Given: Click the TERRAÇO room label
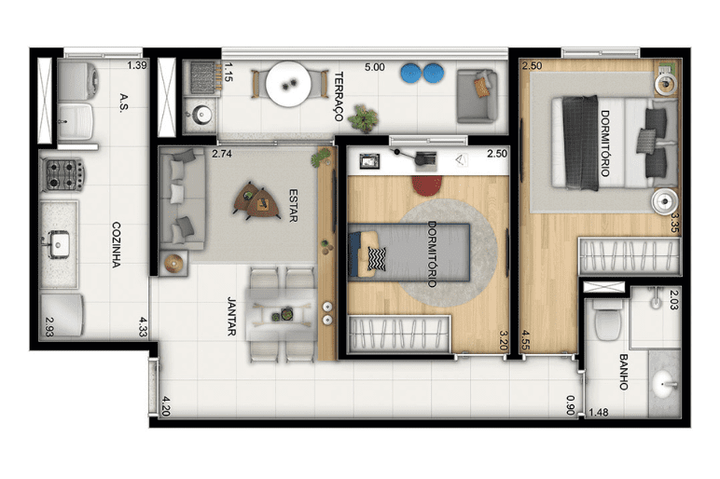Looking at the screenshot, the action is [339, 96].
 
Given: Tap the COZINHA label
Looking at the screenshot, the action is [117, 244].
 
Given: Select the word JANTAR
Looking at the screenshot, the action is [232, 316].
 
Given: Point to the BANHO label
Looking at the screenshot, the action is [624, 372].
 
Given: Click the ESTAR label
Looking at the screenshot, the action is [294, 205].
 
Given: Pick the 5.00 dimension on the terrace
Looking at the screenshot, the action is [375, 67].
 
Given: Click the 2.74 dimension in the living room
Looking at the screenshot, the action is [222, 154].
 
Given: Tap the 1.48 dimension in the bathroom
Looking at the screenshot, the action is [599, 413].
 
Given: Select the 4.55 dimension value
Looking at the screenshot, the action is [526, 340].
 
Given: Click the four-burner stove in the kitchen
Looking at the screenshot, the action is [62, 174].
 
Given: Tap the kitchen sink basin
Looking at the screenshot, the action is [58, 244].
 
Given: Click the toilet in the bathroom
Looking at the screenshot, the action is [607, 320].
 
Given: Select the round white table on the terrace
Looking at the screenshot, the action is [288, 84].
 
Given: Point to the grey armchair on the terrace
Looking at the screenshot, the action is [478, 96].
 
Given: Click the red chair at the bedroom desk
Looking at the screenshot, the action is [426, 184].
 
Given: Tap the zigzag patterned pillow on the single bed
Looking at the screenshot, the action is [377, 259].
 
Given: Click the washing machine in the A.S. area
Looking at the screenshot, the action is [78, 81].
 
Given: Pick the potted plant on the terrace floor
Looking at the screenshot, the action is [363, 118].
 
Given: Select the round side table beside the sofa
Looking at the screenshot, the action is [173, 263].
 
